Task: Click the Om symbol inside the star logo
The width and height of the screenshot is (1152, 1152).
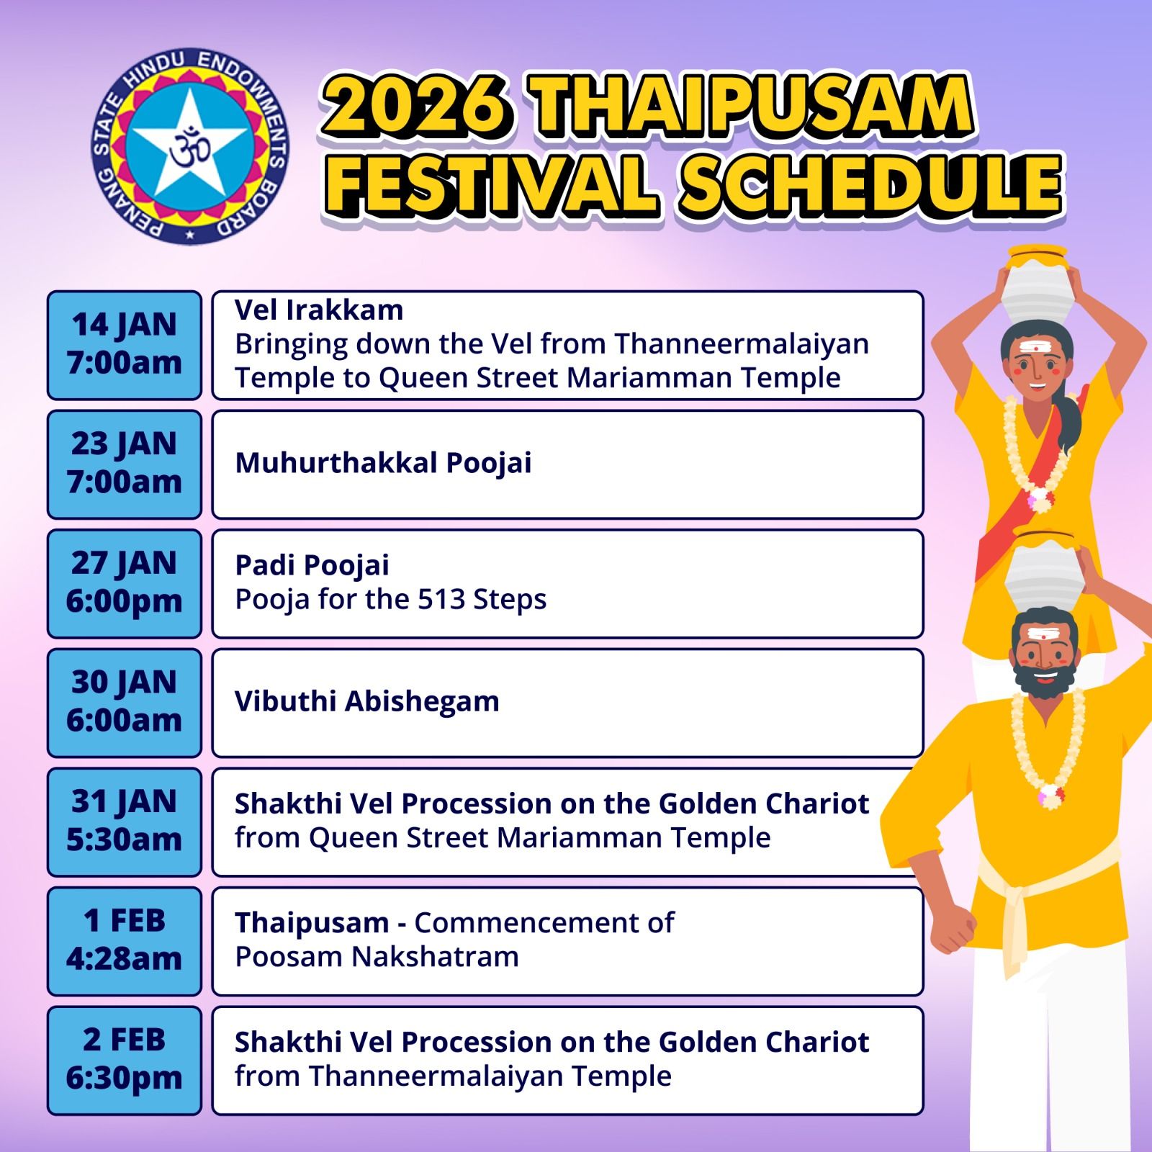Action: pyautogui.click(x=190, y=148)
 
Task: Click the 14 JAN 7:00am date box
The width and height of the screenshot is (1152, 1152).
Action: pyautogui.click(x=125, y=345)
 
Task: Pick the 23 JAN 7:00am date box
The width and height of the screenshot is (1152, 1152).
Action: pyautogui.click(x=125, y=464)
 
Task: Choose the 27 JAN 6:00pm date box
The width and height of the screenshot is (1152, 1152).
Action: pyautogui.click(x=125, y=584)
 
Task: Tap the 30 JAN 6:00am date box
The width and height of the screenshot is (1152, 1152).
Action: pyautogui.click(x=125, y=703)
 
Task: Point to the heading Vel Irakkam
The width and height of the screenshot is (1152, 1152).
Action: pyautogui.click(x=319, y=310)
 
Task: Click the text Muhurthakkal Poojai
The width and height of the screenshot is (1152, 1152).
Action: pyautogui.click(x=383, y=463)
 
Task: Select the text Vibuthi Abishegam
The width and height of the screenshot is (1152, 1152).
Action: pyautogui.click(x=367, y=701)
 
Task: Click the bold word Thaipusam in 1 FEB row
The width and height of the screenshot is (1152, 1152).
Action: pyautogui.click(x=312, y=923)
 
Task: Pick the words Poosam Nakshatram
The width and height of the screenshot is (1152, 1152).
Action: pyautogui.click(x=377, y=957)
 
